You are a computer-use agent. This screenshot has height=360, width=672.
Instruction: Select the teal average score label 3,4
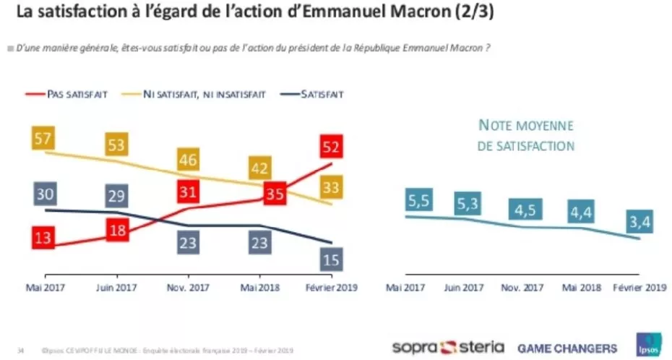coord(639,224)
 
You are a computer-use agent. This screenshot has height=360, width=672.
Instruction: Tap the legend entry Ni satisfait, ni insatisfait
coord(204,94)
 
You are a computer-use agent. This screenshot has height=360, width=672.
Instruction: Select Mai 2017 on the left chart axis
coord(45,287)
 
